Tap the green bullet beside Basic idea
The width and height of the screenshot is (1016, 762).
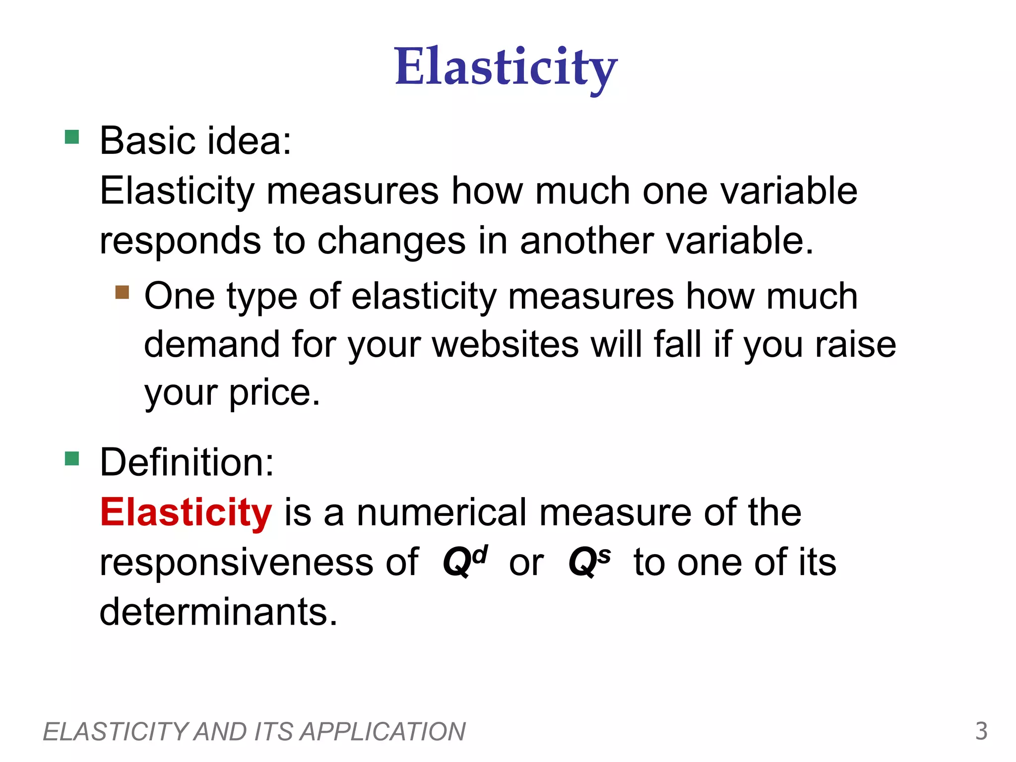tap(72, 137)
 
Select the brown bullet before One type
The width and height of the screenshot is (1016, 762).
tap(122, 292)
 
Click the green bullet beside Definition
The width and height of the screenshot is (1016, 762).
tap(72, 458)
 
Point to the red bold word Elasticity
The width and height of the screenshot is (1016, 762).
tap(186, 512)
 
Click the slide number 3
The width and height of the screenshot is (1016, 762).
tap(981, 731)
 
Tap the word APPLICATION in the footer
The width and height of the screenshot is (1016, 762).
tap(383, 732)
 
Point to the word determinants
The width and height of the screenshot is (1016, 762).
tap(218, 611)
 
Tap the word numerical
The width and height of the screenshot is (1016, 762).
tap(442, 512)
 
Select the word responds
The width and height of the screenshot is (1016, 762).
tap(180, 241)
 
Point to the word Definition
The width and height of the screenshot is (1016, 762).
tap(187, 462)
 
